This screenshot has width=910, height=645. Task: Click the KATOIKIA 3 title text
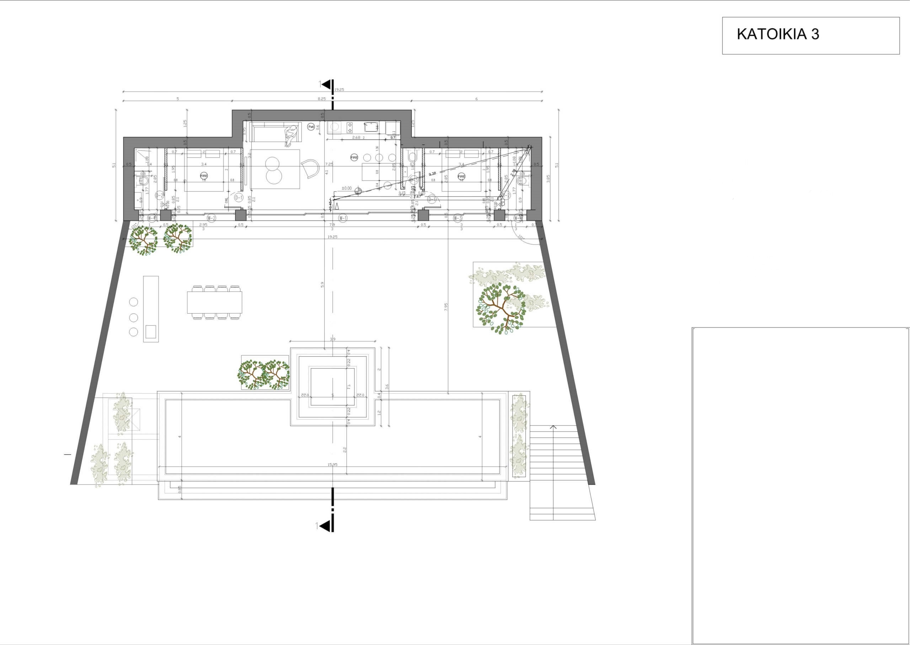point(778,34)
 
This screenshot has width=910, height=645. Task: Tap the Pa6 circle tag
point(311,127)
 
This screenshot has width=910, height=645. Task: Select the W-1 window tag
point(343,218)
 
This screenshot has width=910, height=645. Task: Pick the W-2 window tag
point(211,218)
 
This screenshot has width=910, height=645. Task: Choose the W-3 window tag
point(458,218)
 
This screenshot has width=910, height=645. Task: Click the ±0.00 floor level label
point(347,188)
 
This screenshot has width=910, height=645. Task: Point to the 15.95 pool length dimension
point(332,464)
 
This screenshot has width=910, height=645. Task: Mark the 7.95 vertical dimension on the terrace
point(446,307)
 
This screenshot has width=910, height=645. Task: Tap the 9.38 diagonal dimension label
point(433,173)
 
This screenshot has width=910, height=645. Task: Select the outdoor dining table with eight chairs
point(215,302)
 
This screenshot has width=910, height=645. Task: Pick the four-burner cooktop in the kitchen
point(350,127)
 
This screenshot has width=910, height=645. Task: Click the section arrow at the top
point(327,84)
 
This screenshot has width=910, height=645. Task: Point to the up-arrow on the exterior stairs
point(553,427)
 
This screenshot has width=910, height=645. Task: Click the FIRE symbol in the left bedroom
point(204,175)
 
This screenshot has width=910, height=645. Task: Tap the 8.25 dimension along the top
point(322,98)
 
